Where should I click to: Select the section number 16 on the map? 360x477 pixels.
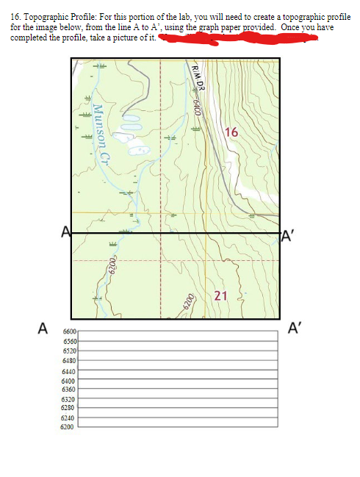coord(232,132)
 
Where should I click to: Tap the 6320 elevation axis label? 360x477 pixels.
coord(70,399)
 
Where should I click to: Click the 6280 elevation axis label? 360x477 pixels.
coord(70,407)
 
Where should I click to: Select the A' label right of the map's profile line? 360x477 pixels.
coord(289,236)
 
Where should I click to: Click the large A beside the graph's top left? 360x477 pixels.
coord(43,326)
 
